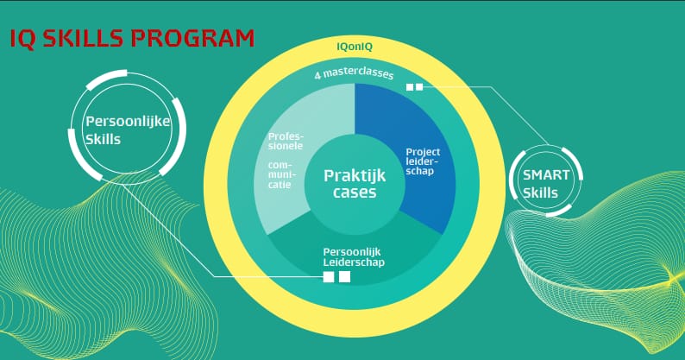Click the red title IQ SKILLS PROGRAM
pyautogui.click(x=132, y=39)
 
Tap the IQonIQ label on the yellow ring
pyautogui.click(x=355, y=47)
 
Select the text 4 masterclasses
pyautogui.click(x=354, y=73)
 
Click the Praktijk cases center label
pyautogui.click(x=355, y=184)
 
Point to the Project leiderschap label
pyautogui.click(x=423, y=161)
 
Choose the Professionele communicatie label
pyautogui.click(x=286, y=161)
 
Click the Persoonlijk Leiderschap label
pyautogui.click(x=354, y=257)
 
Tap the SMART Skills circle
pyautogui.click(x=546, y=181)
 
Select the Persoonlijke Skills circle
pyautogui.click(x=128, y=127)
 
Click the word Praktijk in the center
pyautogui.click(x=355, y=176)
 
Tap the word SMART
pyautogui.click(x=546, y=175)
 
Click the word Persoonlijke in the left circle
pyautogui.click(x=128, y=121)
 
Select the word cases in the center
pyautogui.click(x=355, y=193)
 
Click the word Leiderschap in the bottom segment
pyautogui.click(x=354, y=262)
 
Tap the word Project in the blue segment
pyautogui.click(x=423, y=152)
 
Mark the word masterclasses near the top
pyautogui.click(x=358, y=73)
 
